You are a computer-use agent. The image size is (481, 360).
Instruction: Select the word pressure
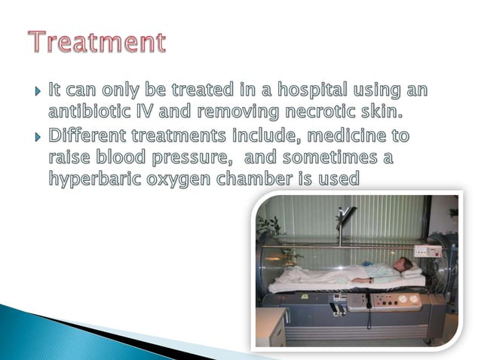point(198,159)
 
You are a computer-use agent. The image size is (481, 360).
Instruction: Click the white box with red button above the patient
point(427,251)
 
